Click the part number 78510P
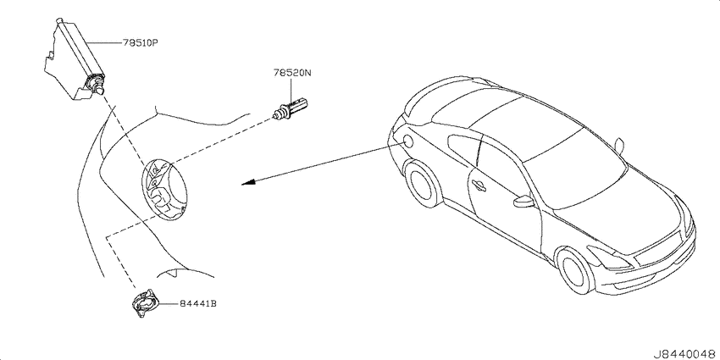[140, 42]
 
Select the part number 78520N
[292, 73]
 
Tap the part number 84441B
[198, 304]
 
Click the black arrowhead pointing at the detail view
[248, 183]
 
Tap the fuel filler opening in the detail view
[164, 187]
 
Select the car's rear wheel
[423, 183]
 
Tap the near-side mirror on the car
[523, 201]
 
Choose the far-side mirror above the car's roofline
[619, 145]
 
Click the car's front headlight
[610, 258]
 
